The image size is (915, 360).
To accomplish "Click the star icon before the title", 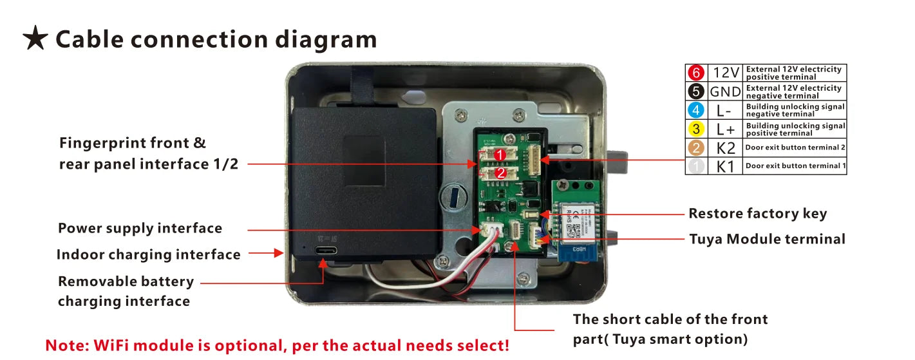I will tap(35, 39).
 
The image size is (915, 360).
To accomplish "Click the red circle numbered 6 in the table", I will tap(696, 73).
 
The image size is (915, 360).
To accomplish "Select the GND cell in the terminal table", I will tap(725, 91).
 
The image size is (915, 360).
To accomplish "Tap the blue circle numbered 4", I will tap(696, 110).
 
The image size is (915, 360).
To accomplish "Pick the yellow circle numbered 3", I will tap(696, 129).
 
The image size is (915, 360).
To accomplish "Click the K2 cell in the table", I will tap(725, 147).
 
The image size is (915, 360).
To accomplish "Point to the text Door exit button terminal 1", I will tap(795, 166).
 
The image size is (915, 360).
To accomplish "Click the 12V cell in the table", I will tap(725, 73).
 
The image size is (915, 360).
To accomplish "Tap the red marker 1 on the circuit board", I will tap(500, 155).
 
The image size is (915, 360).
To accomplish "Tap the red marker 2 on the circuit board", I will tap(500, 173).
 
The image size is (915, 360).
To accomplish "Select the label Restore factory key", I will tap(757, 214).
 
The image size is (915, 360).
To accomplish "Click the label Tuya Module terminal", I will tap(767, 239).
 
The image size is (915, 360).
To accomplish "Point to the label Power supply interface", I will tap(140, 229).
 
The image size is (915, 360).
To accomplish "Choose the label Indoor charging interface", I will tap(148, 255).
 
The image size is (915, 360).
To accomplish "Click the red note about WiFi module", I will tap(277, 345).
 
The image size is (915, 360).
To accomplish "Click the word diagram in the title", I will tap(326, 39).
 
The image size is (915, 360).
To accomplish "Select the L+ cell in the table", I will tap(725, 129).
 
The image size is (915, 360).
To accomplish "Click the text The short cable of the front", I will tap(670, 319).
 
